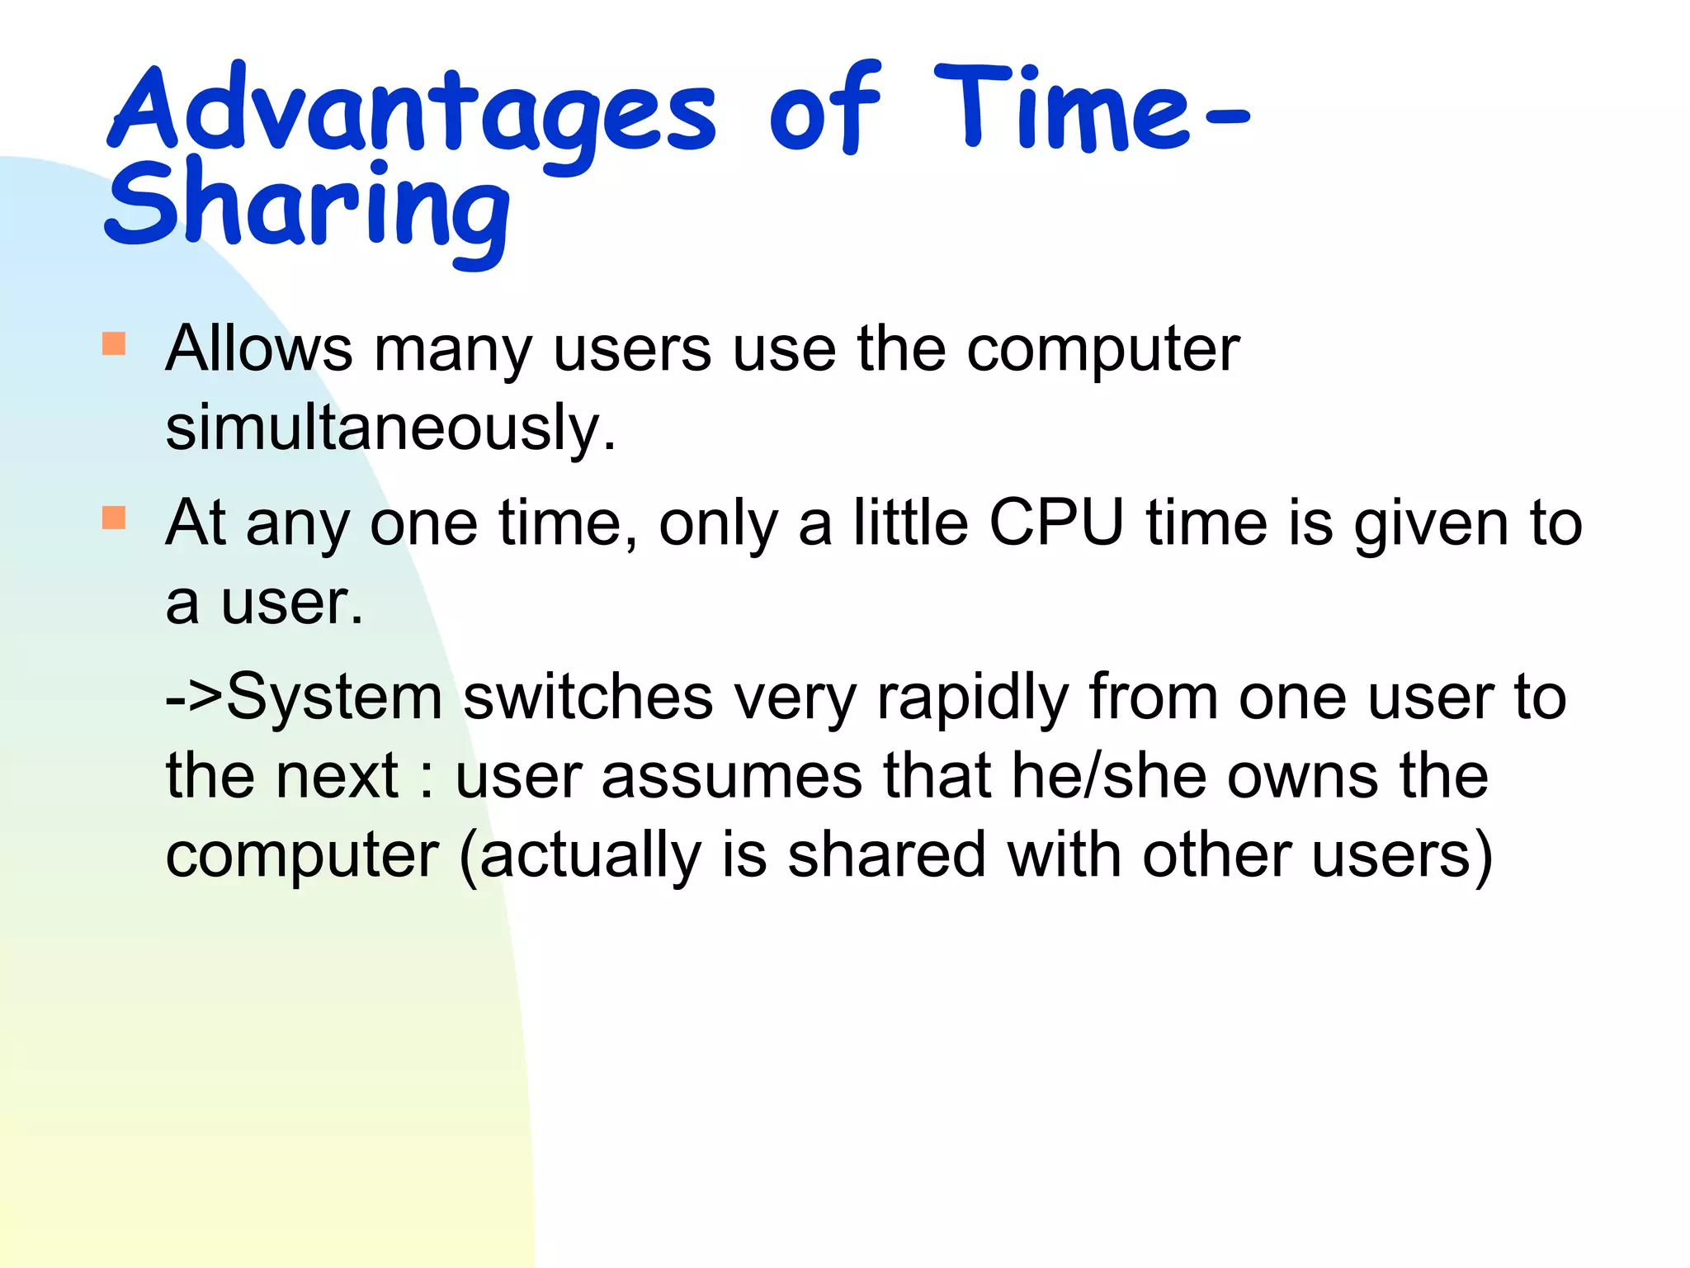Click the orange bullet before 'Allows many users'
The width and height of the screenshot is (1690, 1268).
point(114,343)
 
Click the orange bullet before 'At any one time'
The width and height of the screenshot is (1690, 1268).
point(114,518)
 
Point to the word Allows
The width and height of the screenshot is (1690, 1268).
point(259,348)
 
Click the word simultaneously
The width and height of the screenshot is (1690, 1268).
point(389,428)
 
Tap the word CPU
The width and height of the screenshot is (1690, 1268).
point(1056,523)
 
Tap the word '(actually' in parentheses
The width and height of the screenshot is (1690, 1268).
point(579,856)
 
